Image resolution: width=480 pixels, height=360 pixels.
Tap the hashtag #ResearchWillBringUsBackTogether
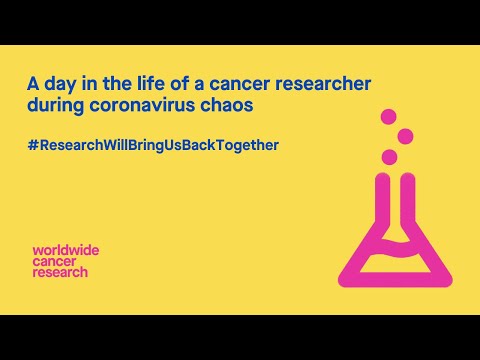click(153, 145)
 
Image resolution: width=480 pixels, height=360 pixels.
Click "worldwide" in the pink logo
click(66, 250)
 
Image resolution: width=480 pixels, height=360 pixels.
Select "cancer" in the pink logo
click(55, 261)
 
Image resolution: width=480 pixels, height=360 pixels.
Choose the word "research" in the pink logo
click(60, 272)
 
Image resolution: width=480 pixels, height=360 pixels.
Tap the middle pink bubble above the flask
click(405, 136)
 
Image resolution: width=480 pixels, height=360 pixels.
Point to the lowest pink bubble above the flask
click(389, 157)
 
